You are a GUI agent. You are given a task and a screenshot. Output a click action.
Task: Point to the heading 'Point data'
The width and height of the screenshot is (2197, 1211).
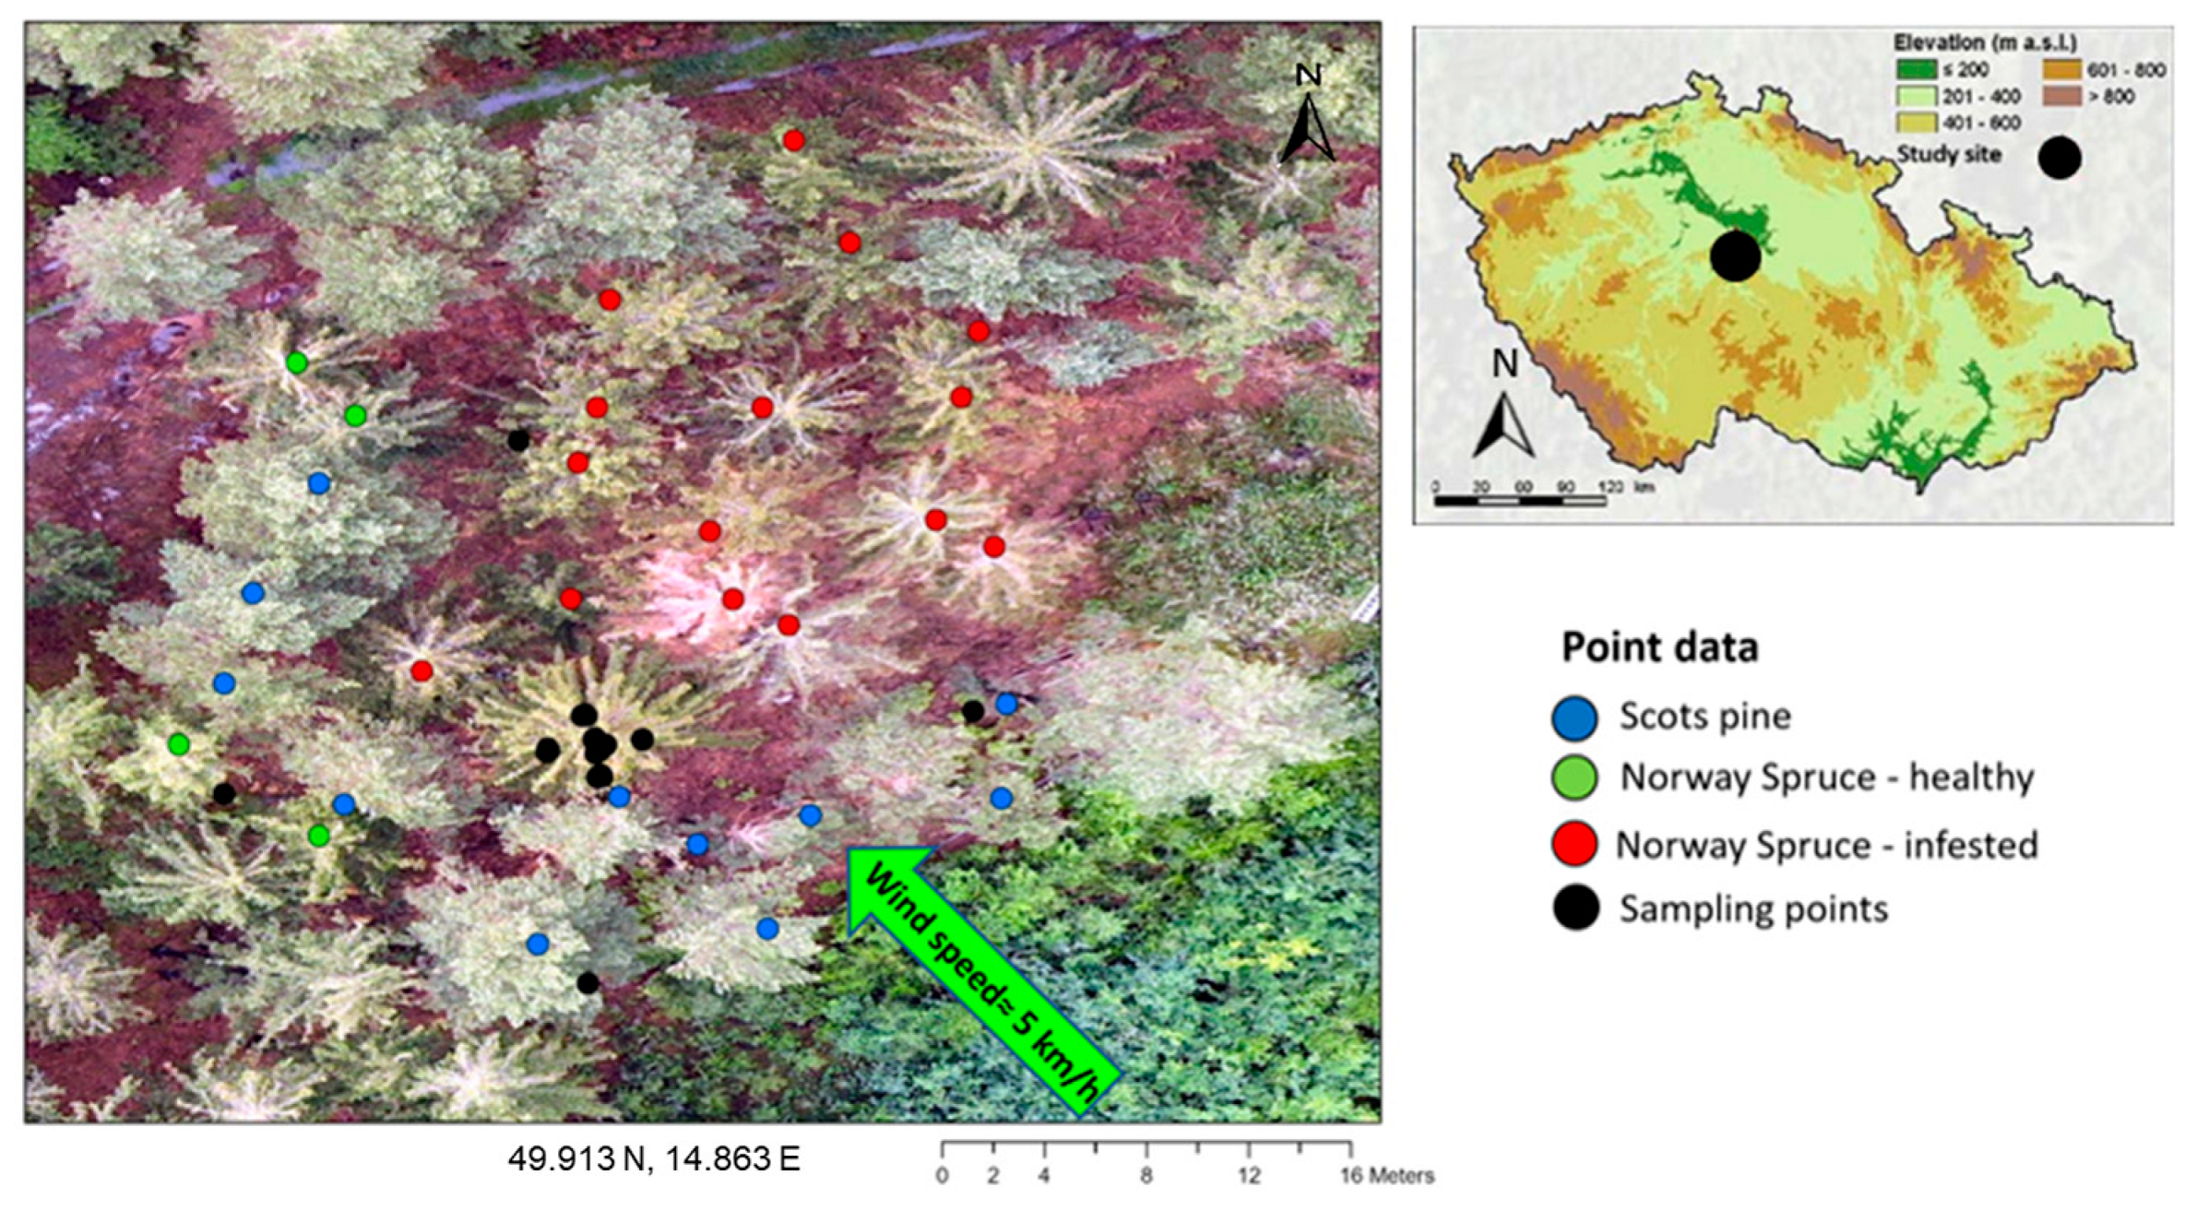(x=1659, y=647)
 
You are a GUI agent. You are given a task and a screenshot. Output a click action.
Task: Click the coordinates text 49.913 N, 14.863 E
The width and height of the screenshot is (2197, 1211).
(x=654, y=1159)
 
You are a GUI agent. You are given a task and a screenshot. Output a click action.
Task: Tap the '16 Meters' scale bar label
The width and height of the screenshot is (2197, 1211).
(x=1386, y=1176)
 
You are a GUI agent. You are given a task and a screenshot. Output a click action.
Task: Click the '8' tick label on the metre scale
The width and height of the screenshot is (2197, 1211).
(x=1146, y=1176)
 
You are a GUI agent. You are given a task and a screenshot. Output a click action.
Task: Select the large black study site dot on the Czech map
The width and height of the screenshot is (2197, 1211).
(x=1735, y=255)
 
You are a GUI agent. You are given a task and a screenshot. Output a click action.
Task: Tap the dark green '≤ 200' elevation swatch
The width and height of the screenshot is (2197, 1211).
(x=1916, y=69)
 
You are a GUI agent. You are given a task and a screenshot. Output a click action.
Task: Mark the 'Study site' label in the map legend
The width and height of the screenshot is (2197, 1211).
(x=1948, y=155)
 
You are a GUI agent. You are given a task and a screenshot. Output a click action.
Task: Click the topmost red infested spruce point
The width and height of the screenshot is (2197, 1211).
(x=793, y=140)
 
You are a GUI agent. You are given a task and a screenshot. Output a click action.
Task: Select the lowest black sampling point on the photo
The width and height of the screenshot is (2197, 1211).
(x=588, y=983)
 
